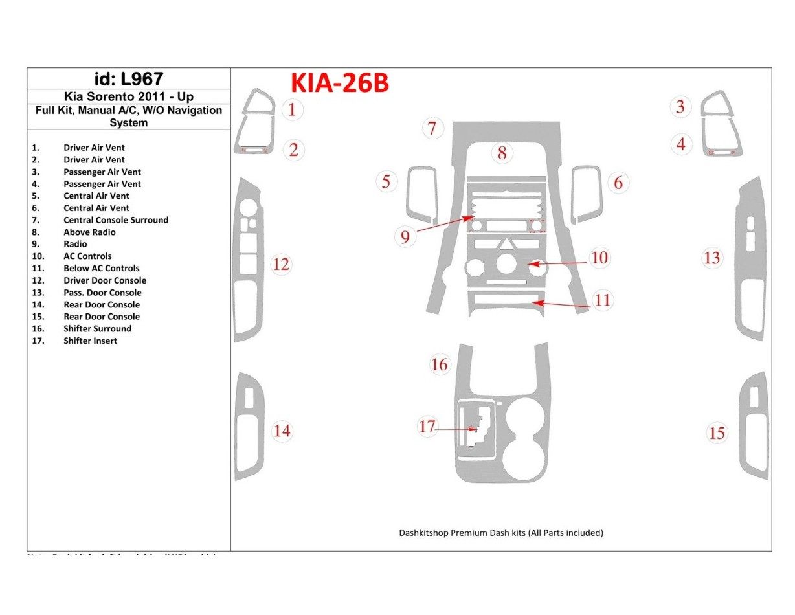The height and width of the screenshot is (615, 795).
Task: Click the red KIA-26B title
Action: (x=340, y=84)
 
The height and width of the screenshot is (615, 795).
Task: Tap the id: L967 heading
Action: (x=129, y=79)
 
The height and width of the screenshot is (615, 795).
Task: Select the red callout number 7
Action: (x=432, y=128)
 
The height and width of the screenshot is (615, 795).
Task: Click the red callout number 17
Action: (x=427, y=427)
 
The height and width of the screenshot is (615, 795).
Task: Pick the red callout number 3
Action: (x=680, y=106)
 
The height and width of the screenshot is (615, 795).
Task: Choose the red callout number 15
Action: (x=717, y=432)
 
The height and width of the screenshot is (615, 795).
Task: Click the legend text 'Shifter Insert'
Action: (x=90, y=341)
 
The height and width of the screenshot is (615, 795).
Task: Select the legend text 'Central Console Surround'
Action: (x=115, y=220)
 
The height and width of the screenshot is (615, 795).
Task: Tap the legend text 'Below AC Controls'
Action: (x=101, y=269)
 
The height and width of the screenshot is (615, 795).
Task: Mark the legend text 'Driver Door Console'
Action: (x=104, y=280)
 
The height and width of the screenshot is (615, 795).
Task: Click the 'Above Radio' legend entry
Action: (x=89, y=232)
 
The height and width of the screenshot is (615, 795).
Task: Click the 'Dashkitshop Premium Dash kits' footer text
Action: (x=500, y=533)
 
